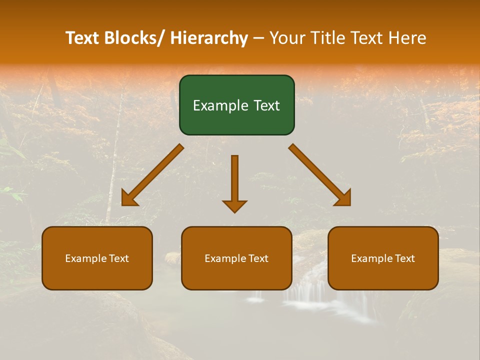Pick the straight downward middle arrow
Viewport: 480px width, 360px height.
[x=234, y=180]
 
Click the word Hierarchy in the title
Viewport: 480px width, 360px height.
[x=209, y=38]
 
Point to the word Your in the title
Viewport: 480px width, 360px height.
[x=287, y=38]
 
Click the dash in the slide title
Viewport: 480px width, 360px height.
[x=259, y=38]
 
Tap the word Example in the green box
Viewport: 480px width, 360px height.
[x=220, y=105]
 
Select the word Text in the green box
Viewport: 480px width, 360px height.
[x=266, y=105]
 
